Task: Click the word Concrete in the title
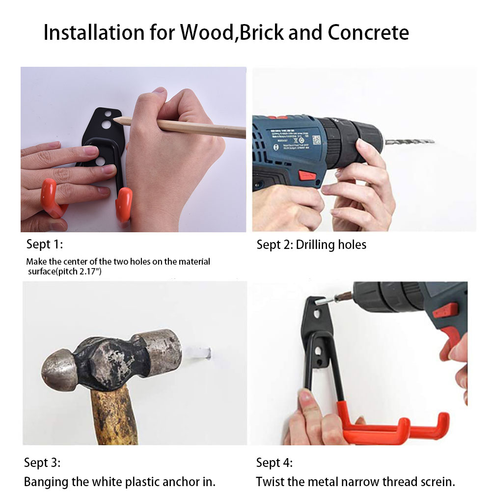368,32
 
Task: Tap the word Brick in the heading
261,32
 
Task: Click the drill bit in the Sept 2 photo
409,142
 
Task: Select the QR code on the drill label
316,140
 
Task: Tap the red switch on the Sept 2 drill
307,175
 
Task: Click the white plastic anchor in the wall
199,353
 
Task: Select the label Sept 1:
45,244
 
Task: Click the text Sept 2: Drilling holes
311,245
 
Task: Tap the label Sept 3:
42,463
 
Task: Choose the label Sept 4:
274,463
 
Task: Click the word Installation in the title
94,32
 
